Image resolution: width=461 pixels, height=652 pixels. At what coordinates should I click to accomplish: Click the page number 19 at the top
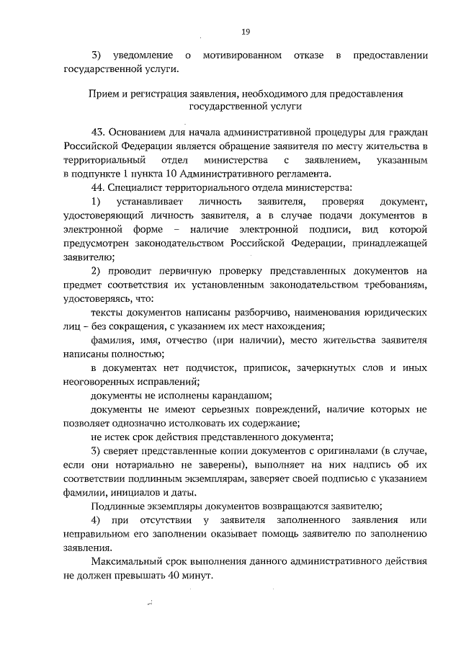245,32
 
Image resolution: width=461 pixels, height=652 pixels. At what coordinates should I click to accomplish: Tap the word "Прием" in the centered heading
102,94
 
